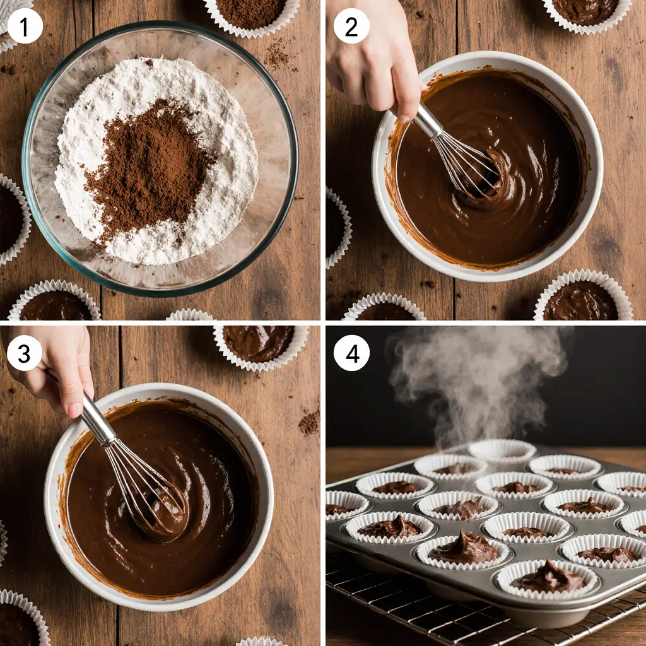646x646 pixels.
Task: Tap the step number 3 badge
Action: tap(24, 354)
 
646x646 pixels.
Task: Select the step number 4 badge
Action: tap(351, 354)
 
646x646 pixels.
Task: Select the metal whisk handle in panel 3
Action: tap(98, 420)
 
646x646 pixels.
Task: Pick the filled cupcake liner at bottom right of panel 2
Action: tap(582, 298)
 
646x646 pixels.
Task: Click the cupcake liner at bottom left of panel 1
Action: tap(54, 303)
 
